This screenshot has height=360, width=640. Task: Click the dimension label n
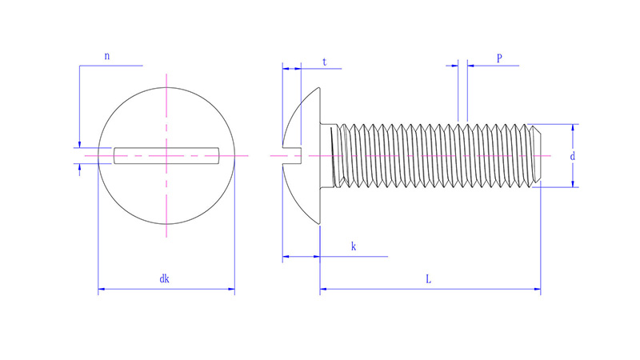(x=107, y=56)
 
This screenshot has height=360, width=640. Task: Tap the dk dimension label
(x=164, y=278)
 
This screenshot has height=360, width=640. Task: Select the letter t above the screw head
(x=325, y=62)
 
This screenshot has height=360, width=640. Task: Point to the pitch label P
(x=499, y=58)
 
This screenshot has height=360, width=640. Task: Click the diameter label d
(x=573, y=156)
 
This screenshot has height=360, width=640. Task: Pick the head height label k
(x=354, y=246)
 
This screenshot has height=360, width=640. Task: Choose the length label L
(x=428, y=279)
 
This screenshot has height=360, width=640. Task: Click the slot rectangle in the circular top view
(x=166, y=155)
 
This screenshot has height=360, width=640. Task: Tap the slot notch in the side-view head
(x=292, y=155)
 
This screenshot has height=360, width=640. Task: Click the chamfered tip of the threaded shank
(x=536, y=155)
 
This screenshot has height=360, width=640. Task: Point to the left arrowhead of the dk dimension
(x=102, y=289)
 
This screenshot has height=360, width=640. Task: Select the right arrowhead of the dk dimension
(x=231, y=289)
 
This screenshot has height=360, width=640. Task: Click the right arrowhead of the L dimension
(x=537, y=289)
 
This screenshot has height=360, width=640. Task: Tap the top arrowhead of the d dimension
(x=573, y=128)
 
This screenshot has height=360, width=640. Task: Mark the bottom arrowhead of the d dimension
(x=573, y=184)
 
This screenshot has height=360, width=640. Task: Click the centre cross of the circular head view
(x=166, y=155)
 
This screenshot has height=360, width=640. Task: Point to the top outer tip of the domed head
(x=319, y=87)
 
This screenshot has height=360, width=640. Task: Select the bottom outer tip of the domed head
(x=319, y=224)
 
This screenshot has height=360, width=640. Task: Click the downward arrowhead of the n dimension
(x=79, y=144)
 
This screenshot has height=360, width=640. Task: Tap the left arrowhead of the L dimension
(x=323, y=289)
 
